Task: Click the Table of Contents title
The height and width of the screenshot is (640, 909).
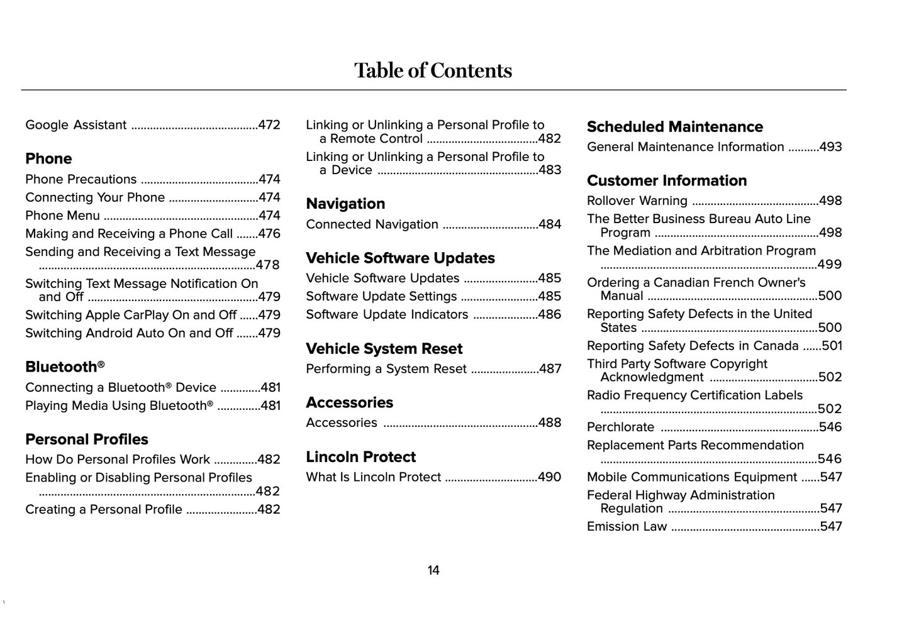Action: (433, 70)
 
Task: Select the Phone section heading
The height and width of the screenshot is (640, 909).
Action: (48, 158)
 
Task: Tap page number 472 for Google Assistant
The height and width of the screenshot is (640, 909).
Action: (269, 125)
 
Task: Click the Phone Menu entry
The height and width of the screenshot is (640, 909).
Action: (62, 216)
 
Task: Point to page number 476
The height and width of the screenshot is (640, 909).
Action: (269, 234)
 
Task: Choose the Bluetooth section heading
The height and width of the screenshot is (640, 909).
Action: (64, 367)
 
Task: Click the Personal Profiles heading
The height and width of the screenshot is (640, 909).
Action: (87, 439)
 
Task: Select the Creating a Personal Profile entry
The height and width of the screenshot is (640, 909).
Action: (104, 509)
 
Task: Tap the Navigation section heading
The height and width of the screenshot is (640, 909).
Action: (345, 204)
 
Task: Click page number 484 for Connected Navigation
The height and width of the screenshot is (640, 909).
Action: (550, 224)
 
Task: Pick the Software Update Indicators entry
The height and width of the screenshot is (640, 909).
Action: (387, 314)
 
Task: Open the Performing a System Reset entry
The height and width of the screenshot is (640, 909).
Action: (386, 369)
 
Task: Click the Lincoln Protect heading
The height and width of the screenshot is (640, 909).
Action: (361, 457)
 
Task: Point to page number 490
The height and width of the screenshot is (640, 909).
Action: (550, 477)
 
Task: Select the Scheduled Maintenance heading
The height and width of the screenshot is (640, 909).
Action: (674, 127)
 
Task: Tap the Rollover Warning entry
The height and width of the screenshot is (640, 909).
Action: (637, 201)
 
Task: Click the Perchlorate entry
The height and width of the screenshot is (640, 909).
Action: (620, 427)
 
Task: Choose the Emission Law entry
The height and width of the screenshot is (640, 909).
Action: (627, 527)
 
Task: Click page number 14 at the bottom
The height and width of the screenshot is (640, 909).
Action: (433, 570)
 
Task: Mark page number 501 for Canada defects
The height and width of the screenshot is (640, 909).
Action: (832, 346)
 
